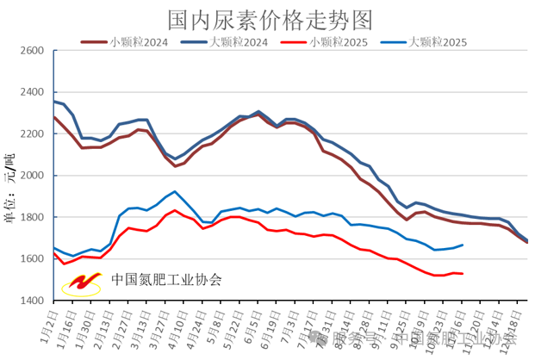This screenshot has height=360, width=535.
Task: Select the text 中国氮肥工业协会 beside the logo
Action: tap(165, 280)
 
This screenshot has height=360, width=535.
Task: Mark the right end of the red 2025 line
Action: tap(463, 274)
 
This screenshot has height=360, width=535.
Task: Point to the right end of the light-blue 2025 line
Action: tap(463, 245)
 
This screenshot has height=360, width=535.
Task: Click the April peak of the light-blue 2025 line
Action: tap(176, 191)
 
